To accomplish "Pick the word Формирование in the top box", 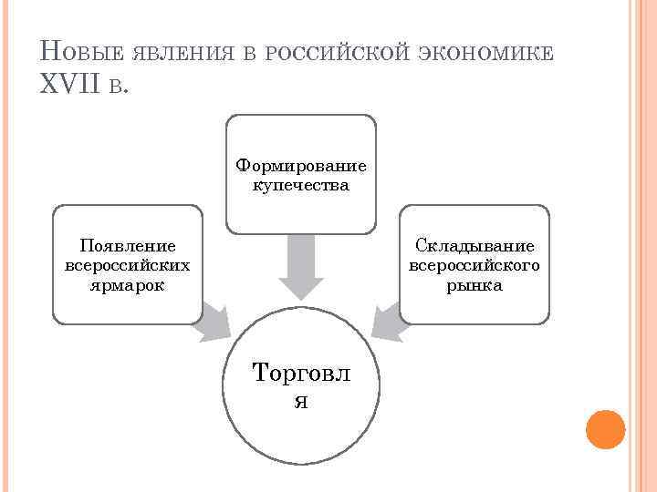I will click(x=301, y=166).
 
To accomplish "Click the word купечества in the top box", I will click(x=301, y=185).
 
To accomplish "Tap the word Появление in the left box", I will click(x=128, y=246).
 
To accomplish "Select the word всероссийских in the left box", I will click(x=128, y=266).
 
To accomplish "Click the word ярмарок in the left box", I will click(x=128, y=285).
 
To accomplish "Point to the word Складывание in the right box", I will click(x=474, y=246).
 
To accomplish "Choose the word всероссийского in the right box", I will click(x=474, y=266).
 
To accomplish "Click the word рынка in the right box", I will click(x=474, y=285).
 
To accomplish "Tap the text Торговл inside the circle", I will click(x=301, y=373).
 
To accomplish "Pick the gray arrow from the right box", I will click(x=389, y=321).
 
